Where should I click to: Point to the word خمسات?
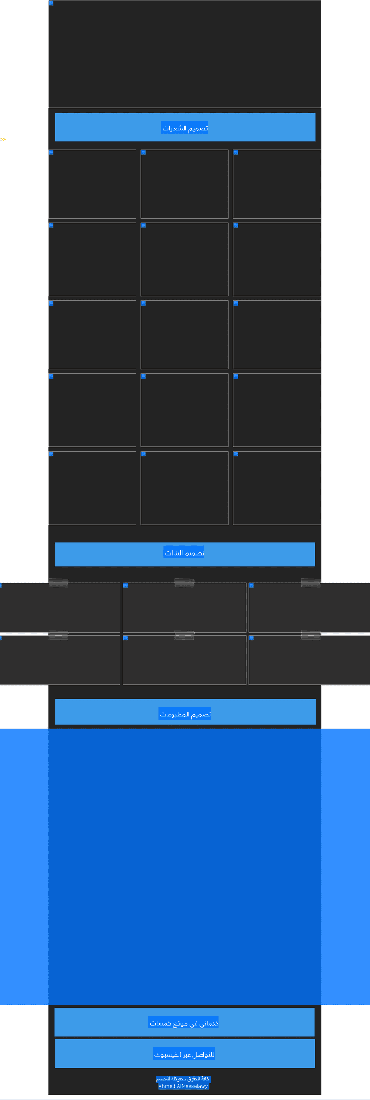pos(160,1023)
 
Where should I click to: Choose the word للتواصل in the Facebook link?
pos(204,1055)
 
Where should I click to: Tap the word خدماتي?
pos(209,1023)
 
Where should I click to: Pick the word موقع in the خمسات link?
pos(181,1023)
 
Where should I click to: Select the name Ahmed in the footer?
pos(166,1086)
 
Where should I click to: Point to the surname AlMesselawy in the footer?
pos(192,1086)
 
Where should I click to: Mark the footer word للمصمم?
pos(163,1079)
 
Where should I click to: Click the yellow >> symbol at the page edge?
pos(3,139)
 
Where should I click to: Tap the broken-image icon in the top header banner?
pos(51,3)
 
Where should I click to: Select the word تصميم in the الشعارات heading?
pos(198,128)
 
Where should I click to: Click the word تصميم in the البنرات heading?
pos(195,553)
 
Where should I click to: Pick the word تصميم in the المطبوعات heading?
pos(201,714)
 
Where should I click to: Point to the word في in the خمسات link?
pos(194,1023)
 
